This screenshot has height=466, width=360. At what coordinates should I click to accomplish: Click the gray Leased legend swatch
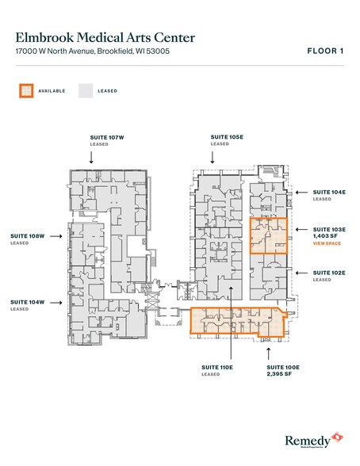point(85,90)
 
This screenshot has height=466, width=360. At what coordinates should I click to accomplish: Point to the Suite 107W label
point(107,137)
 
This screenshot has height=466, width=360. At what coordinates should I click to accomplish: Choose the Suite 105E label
point(226,137)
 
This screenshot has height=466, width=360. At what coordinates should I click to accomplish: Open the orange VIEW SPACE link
point(327,244)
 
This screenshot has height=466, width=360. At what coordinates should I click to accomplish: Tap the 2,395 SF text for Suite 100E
point(281,375)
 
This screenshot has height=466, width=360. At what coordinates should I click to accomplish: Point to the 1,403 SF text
point(326,236)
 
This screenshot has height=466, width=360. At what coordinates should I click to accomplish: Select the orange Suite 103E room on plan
point(268,235)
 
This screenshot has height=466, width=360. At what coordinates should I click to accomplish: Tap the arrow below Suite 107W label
point(107,157)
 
